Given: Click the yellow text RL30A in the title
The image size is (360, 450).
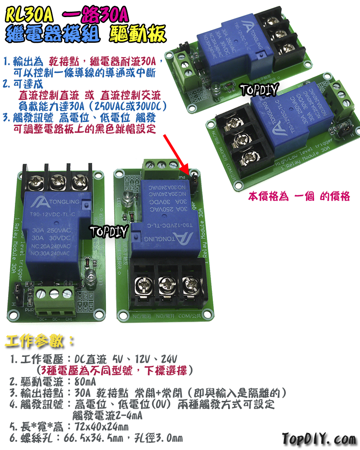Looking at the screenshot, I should (30, 17).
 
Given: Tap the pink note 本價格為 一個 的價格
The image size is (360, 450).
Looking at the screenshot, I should (299, 197).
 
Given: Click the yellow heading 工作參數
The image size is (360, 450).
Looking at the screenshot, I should (40, 341).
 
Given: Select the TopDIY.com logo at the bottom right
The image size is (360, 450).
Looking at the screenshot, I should (319, 438).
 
